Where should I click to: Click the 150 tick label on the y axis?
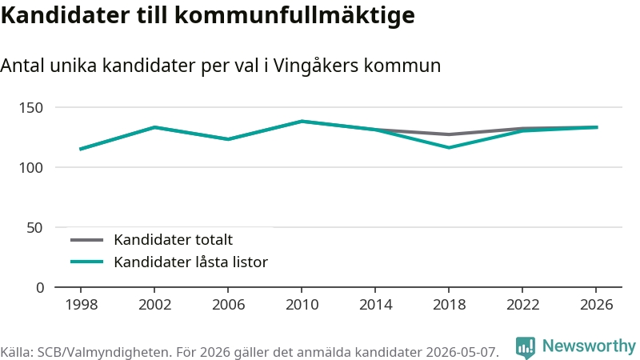pos(31,108)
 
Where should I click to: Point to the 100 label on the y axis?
pos(31,168)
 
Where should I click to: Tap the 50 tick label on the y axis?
pos(34,228)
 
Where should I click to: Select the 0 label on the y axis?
pos(39,288)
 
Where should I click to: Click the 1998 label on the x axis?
pos(82,305)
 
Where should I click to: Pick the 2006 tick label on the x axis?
pos(228,305)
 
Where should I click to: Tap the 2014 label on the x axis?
pos(375,305)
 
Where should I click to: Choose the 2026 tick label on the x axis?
pos(596,305)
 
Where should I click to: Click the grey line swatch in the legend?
pos(86,240)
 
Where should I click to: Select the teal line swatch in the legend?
pos(86,262)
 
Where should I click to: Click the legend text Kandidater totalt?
pos(173,239)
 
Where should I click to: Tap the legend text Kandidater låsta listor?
pos(190,262)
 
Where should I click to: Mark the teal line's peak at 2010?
pos(302,122)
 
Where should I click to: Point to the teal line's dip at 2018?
pos(449,147)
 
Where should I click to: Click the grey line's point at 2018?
pos(449,134)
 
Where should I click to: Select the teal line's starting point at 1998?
pos(81,149)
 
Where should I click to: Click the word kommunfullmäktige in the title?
pos(294,15)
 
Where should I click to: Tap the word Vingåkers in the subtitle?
pos(315,66)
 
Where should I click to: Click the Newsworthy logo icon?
pos(526,347)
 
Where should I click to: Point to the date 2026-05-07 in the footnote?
pos(462,352)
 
